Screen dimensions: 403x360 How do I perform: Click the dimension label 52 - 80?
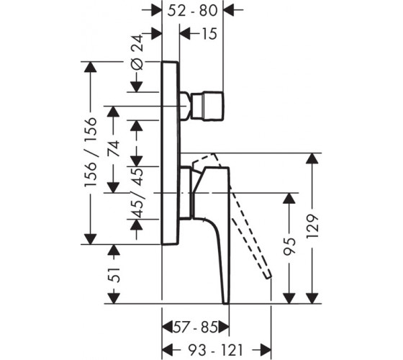pyautogui.click(x=193, y=11)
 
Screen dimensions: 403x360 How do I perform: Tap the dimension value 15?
pyautogui.click(x=209, y=34)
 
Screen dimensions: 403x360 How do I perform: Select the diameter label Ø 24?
pyautogui.click(x=137, y=52)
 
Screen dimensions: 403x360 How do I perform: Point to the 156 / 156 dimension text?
pyautogui.click(x=91, y=152)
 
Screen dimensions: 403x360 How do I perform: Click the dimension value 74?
pyautogui.click(x=114, y=148)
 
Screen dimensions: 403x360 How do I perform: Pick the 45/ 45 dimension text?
pyautogui.click(x=137, y=194)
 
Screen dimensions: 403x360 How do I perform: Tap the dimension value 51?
pyautogui.click(x=114, y=275)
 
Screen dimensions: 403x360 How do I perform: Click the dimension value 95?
pyautogui.click(x=289, y=246)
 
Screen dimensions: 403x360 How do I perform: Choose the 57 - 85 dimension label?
pyautogui.click(x=195, y=328)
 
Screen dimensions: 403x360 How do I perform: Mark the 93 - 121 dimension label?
pyautogui.click(x=215, y=350)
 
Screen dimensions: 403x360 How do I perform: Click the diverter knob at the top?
pyautogui.click(x=207, y=105)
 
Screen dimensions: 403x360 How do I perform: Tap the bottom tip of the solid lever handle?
pyautogui.click(x=226, y=303)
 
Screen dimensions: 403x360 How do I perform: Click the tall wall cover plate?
pyautogui.click(x=171, y=153)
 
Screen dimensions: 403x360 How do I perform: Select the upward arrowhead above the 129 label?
pyautogui.click(x=312, y=158)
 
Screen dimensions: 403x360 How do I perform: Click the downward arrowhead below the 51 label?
pyautogui.click(x=114, y=298)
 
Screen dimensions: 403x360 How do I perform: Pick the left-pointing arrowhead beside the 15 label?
pyautogui.click(x=185, y=34)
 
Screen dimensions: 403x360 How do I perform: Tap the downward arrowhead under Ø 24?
pyautogui.click(x=136, y=86)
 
